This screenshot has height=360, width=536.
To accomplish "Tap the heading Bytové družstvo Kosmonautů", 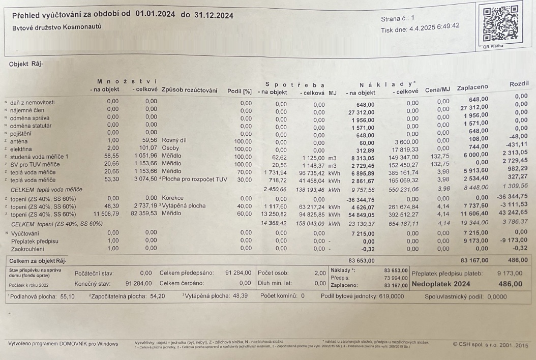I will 56,27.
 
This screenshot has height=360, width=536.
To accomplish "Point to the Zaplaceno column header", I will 472,88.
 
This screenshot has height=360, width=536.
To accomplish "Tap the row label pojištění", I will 22,132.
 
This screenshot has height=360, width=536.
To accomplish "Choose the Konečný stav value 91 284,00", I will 137,283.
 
